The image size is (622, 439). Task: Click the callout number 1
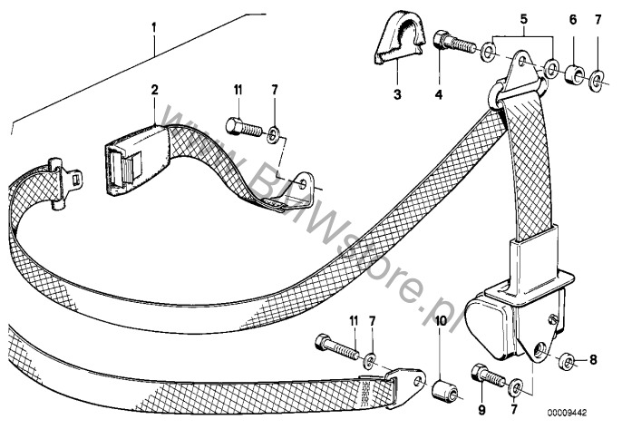pos(154,27)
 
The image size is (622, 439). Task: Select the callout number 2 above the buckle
pos(154,90)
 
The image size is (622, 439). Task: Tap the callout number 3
pos(397,94)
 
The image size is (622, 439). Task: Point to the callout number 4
pos(439,94)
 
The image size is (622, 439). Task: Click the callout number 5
pos(524,19)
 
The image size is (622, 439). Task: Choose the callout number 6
pos(573,19)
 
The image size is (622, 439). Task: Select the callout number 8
pos(593,360)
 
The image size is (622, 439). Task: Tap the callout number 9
pos(481,410)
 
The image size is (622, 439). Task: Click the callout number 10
pos(441,321)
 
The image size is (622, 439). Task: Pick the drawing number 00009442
pos(568,413)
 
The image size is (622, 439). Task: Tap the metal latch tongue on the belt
pos(64,182)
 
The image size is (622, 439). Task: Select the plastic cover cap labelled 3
pos(399,38)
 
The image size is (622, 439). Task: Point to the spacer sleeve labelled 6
pos(575,73)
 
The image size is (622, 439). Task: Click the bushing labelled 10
pos(444,391)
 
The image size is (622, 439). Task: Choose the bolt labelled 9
pos(488,376)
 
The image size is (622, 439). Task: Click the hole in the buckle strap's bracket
pos(304,183)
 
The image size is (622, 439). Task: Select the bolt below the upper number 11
pos(244,127)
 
